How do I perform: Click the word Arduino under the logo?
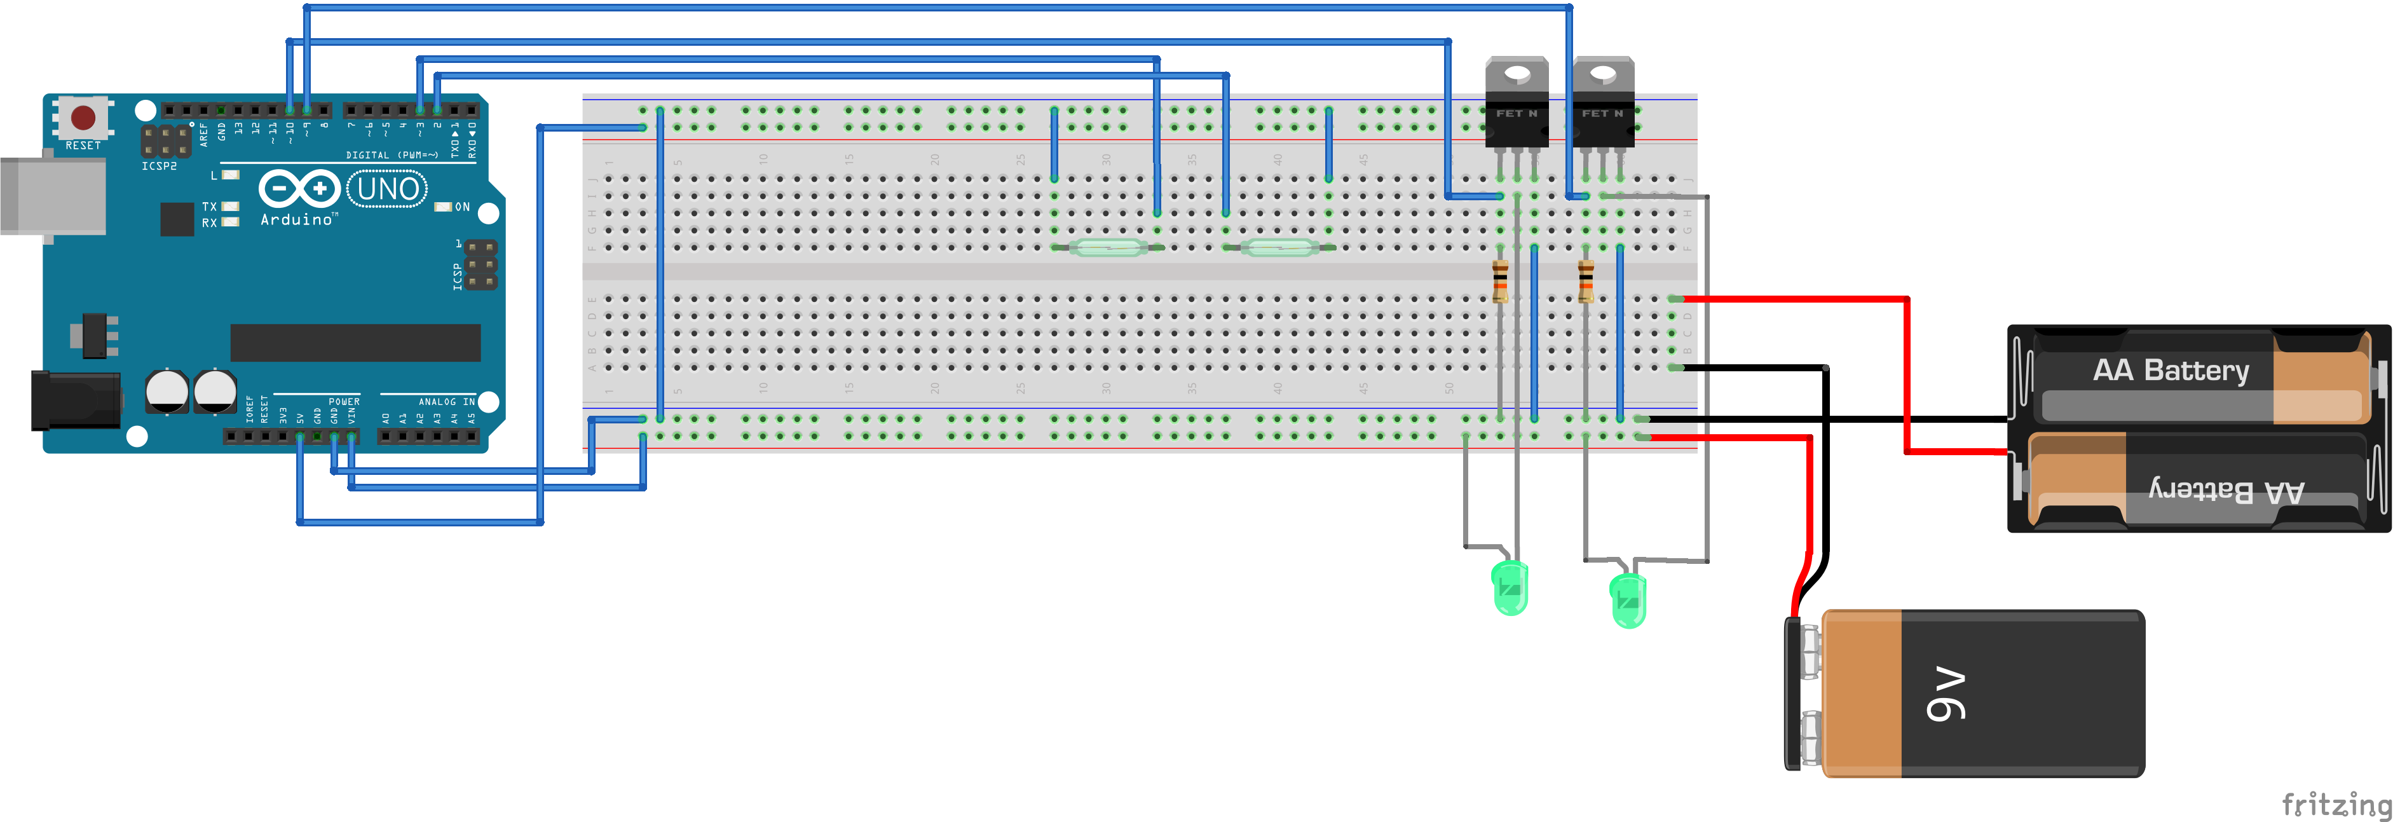click(296, 220)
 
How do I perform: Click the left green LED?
click(1510, 588)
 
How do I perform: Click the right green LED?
click(1628, 600)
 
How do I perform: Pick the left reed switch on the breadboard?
click(1107, 247)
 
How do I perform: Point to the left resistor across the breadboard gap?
click(1499, 282)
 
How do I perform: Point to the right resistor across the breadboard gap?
click(1586, 282)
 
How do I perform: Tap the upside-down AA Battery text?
click(2226, 490)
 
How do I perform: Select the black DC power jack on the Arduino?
click(74, 401)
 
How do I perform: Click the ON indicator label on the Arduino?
click(461, 207)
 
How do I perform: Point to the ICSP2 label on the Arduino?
click(159, 167)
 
